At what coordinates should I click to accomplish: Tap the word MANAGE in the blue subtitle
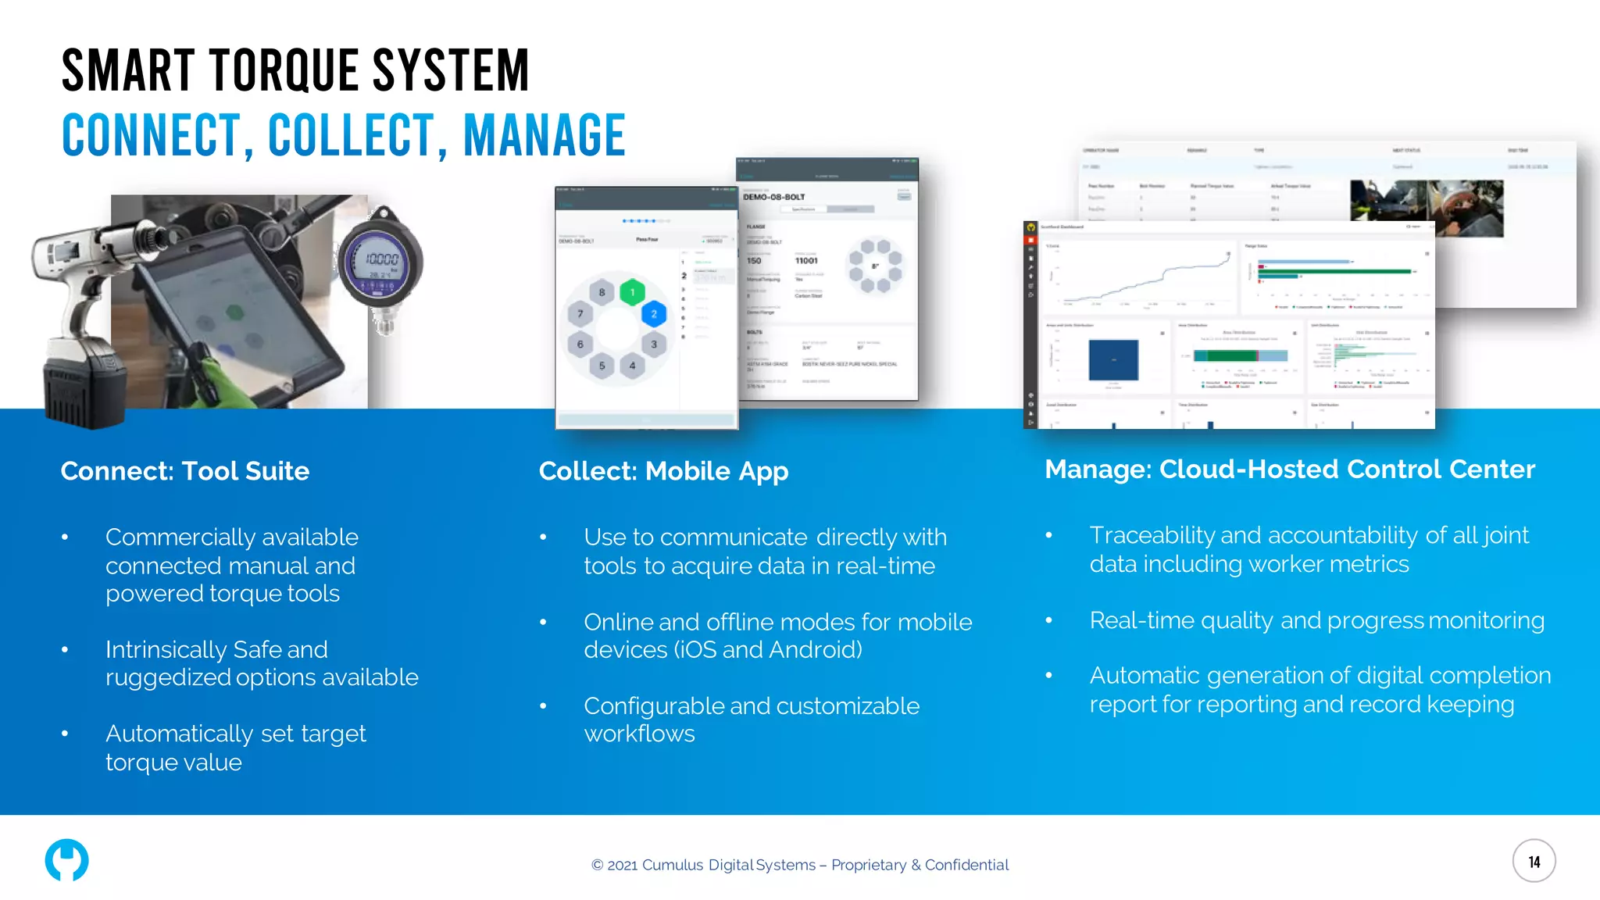(545, 135)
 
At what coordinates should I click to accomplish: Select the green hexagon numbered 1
(632, 292)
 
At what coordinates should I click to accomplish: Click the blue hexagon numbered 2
(654, 314)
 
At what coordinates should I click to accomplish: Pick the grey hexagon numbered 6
(580, 344)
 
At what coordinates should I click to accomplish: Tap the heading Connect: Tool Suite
(185, 471)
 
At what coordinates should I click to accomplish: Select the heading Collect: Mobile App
(663, 471)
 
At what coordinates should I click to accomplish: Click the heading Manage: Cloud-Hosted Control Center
(1290, 470)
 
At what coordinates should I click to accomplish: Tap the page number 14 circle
(1534, 861)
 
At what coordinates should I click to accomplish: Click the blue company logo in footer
(66, 860)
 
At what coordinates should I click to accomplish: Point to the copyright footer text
(799, 865)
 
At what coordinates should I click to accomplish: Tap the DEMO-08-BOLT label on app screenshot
(773, 197)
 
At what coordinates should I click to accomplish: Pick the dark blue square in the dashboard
(1113, 359)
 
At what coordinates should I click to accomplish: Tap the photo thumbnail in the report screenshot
(1427, 209)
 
